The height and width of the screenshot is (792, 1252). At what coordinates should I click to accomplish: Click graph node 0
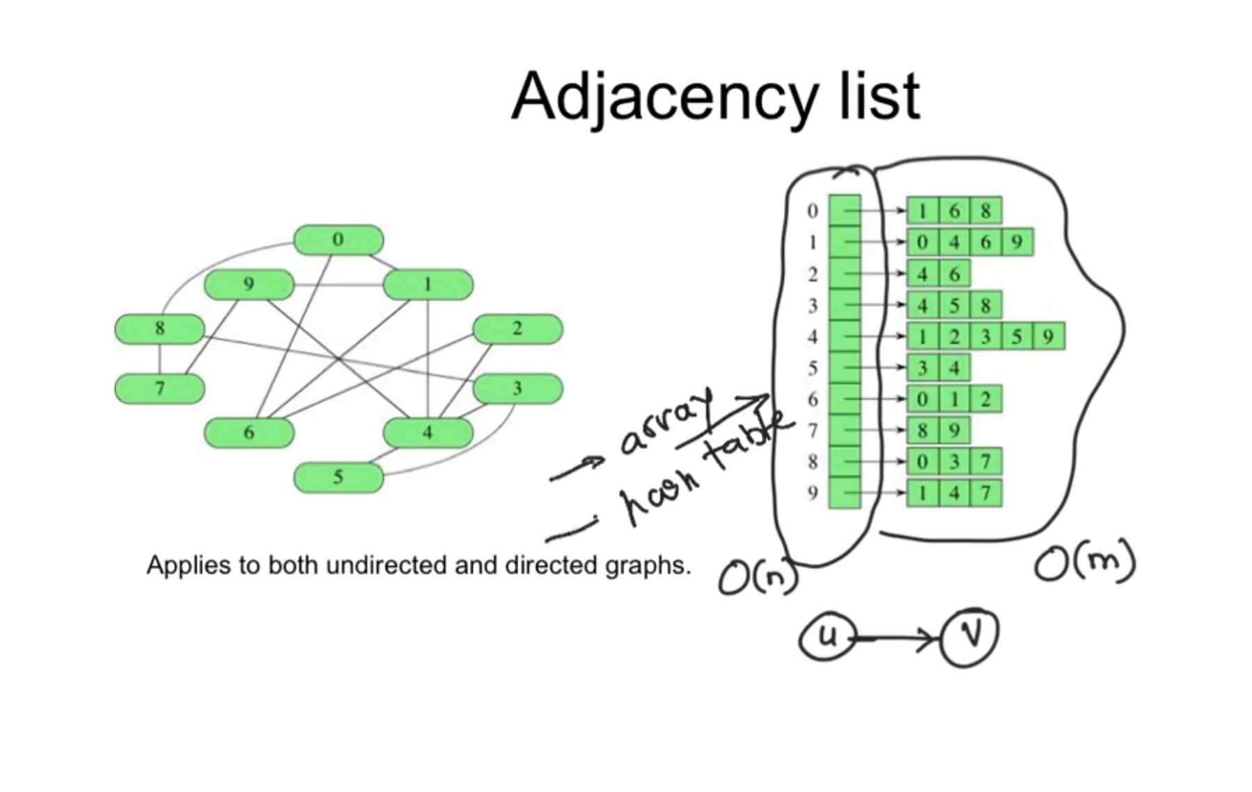(338, 239)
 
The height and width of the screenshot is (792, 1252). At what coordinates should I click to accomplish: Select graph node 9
(249, 284)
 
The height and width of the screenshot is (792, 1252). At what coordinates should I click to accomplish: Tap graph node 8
(159, 328)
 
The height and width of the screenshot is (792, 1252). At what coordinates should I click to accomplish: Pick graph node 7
(159, 388)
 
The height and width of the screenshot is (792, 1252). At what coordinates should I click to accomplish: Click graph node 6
(249, 432)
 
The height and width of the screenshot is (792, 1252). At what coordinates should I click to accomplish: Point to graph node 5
(338, 477)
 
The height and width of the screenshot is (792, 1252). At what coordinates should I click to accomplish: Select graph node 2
(517, 328)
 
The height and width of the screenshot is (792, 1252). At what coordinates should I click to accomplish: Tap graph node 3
(517, 388)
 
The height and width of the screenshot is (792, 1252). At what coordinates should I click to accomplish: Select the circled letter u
(827, 636)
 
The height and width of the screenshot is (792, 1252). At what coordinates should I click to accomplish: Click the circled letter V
(970, 636)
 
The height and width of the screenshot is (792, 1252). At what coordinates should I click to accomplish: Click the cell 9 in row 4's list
(1048, 337)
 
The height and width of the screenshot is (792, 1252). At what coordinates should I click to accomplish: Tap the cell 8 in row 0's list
(985, 210)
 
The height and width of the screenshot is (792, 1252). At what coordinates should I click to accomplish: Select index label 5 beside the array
(812, 367)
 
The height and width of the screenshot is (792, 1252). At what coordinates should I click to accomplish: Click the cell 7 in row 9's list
(985, 493)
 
